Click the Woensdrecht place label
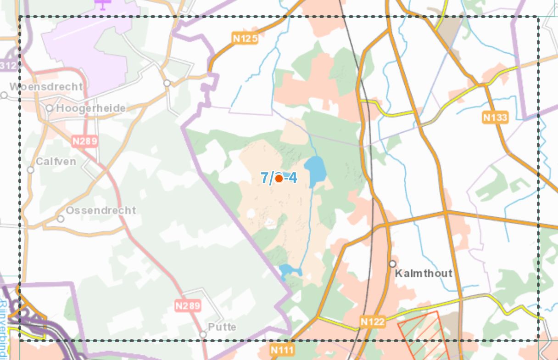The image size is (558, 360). point(46,86)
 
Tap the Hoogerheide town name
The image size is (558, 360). point(91,108)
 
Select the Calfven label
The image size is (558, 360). point(56,162)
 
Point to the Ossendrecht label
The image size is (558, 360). point(101,210)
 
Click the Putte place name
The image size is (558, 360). point(222,327)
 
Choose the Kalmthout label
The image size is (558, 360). point(424,273)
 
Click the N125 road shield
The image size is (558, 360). point(245,39)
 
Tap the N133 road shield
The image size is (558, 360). point(495,118)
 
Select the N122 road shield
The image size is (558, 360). point(372,322)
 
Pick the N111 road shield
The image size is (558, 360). point(281,350)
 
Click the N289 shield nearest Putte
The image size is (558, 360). point(188,305)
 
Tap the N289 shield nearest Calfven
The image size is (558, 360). point(85,141)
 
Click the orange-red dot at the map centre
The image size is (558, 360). point(279,178)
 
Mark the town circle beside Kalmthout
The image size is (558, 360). point(392,264)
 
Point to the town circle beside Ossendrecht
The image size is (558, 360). point(61,219)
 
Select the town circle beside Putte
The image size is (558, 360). point(203,334)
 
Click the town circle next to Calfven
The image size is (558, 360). point(31,170)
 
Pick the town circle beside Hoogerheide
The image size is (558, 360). point(50,108)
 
